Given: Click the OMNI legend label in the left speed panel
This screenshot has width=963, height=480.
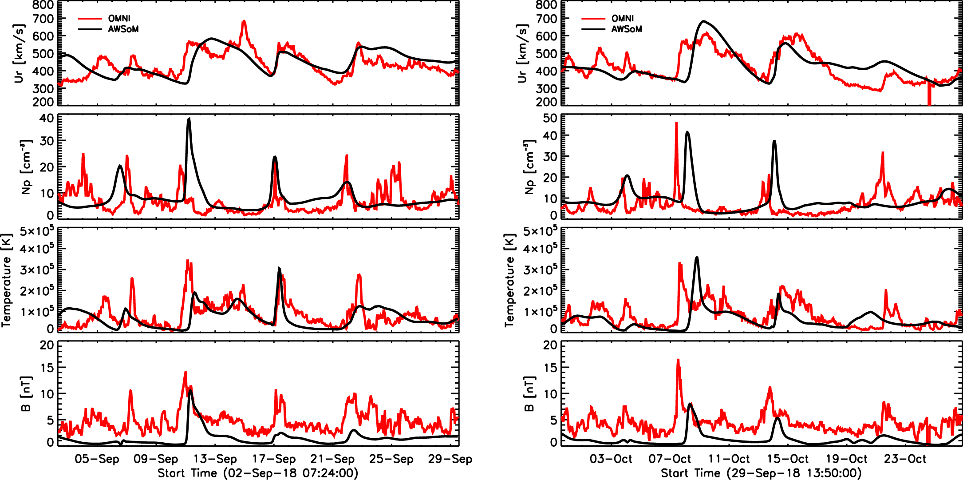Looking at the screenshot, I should pos(119,18).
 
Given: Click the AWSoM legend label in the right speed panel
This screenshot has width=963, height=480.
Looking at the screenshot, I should pos(626,29).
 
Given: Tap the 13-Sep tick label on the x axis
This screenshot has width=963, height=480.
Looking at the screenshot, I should pos(215,459).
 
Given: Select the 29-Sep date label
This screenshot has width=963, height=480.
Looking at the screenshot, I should pos(450,459).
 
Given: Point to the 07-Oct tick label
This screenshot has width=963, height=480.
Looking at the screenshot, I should pos(670,459).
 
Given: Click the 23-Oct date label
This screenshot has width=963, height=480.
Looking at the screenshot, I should pos(905,459).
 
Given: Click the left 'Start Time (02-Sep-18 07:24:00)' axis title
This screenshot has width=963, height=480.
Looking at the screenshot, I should pos(258,473).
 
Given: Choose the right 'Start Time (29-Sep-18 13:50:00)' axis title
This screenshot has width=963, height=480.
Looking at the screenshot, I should pos(761,473).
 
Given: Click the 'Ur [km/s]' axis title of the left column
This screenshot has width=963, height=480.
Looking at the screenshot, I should pos(19,53).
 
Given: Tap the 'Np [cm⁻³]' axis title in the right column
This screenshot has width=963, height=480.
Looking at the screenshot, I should pos(529,167).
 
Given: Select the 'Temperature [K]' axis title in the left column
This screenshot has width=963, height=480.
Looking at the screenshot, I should pos(6,280).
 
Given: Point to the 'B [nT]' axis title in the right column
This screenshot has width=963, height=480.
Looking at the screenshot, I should pos(529,394).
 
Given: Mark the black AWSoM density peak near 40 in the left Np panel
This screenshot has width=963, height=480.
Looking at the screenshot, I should pos(189,119).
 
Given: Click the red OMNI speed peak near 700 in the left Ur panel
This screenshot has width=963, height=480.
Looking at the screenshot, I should pos(244,21).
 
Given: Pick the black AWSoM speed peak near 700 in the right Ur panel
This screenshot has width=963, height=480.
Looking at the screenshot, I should pos(703,21).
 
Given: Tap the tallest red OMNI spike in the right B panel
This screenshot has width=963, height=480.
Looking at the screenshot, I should pos(678,360).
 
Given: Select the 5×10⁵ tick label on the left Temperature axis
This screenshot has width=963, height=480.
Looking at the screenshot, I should pos(37,231).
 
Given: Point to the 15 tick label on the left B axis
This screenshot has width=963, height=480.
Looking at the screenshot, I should pos(47,368).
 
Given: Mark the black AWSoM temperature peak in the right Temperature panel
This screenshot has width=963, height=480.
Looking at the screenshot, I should pos(697,257).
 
